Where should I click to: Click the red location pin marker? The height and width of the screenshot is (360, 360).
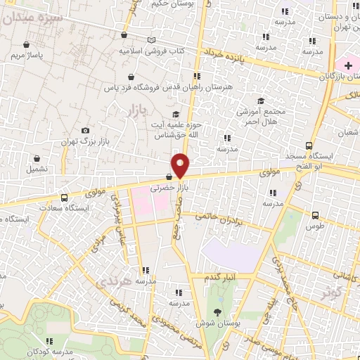click(x=181, y=165)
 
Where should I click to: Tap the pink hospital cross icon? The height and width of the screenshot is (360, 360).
click(x=348, y=64)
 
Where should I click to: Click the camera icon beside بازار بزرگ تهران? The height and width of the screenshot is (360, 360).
click(x=86, y=130)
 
